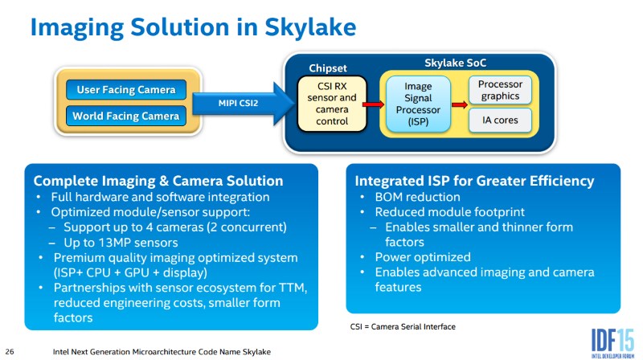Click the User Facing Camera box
(x=126, y=90)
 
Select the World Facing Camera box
(x=126, y=116)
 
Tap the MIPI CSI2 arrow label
(x=238, y=104)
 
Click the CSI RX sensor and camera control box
(x=332, y=104)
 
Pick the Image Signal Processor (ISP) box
(x=418, y=104)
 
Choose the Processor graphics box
(x=500, y=90)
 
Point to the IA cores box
(x=500, y=121)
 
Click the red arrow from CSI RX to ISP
(x=373, y=104)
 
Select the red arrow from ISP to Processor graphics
(x=460, y=104)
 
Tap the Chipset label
(x=328, y=68)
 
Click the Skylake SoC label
(x=455, y=63)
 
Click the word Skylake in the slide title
(x=310, y=28)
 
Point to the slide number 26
(x=10, y=351)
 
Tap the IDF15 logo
(x=612, y=343)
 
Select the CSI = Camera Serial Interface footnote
(x=403, y=327)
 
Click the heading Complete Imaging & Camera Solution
(x=158, y=181)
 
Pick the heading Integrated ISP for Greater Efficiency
(x=474, y=181)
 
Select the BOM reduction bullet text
(x=417, y=197)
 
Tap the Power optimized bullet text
(x=423, y=257)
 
